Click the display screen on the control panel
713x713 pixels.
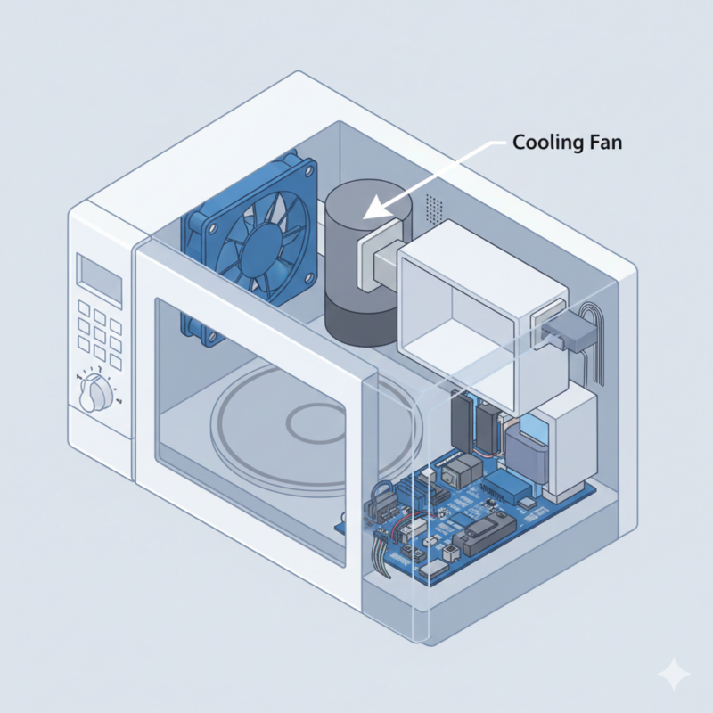99,280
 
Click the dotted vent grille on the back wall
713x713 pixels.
433,209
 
